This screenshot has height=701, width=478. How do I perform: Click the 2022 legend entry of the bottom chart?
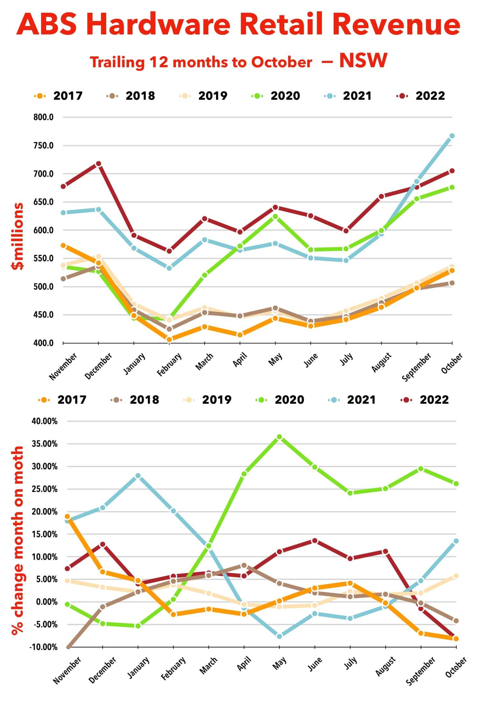tap(434, 400)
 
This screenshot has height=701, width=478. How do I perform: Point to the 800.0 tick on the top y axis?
tap(43, 117)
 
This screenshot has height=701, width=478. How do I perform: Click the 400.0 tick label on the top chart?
tap(43, 343)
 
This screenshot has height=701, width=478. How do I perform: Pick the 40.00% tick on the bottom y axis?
tap(45, 421)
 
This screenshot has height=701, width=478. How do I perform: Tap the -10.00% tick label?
tap(44, 647)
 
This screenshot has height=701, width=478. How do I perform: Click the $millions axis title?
tap(18, 236)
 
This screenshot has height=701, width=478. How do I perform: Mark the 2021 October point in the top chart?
tap(452, 136)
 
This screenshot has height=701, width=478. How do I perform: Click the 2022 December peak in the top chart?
tap(98, 164)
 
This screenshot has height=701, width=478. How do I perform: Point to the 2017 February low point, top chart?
tap(170, 340)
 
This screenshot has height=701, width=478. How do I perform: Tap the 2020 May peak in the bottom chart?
tap(279, 437)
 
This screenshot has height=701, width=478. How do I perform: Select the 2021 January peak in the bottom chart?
tap(138, 476)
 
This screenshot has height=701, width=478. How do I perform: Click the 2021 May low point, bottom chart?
tap(279, 636)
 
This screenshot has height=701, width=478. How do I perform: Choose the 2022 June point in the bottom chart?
tap(315, 541)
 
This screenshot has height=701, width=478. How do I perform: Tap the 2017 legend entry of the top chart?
tap(67, 96)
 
